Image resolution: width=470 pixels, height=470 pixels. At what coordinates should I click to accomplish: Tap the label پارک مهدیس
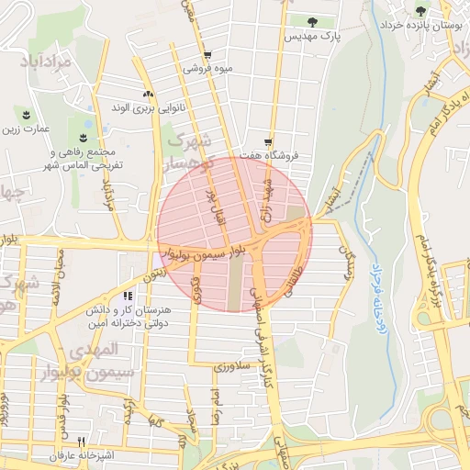[x=311, y=38]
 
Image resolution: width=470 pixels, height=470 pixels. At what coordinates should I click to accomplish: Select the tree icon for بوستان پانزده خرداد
[x=420, y=12]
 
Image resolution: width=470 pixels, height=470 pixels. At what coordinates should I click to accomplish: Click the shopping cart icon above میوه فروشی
[x=208, y=54]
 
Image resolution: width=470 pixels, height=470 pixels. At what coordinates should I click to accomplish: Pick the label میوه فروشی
[x=204, y=68]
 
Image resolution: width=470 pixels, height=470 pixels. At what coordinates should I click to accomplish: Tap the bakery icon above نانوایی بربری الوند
[x=148, y=95]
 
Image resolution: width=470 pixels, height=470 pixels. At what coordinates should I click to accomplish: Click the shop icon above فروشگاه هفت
[x=267, y=142]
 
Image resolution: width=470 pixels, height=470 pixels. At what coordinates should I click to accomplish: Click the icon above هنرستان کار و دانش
[x=127, y=296]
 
